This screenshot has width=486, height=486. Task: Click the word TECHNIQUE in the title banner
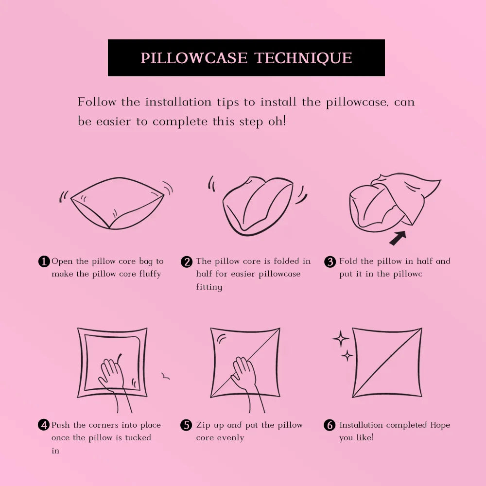[x=303, y=58]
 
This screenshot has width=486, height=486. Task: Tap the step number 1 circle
[x=44, y=261]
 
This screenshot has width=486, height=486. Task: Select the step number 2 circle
[x=187, y=261]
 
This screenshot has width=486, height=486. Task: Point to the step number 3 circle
[x=330, y=261]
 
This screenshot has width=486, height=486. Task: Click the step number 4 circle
[x=44, y=425]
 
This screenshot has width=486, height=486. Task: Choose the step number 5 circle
[x=187, y=425]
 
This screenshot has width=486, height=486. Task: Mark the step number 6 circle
[x=330, y=425]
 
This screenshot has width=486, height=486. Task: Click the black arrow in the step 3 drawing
[x=398, y=238]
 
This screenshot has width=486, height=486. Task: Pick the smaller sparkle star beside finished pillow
[x=347, y=356]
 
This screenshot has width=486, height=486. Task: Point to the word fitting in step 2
[x=209, y=287]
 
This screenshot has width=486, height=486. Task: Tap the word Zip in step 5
[x=204, y=425]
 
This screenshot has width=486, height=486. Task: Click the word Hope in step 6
[x=440, y=425]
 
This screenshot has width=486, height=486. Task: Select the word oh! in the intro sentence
[x=277, y=121]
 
